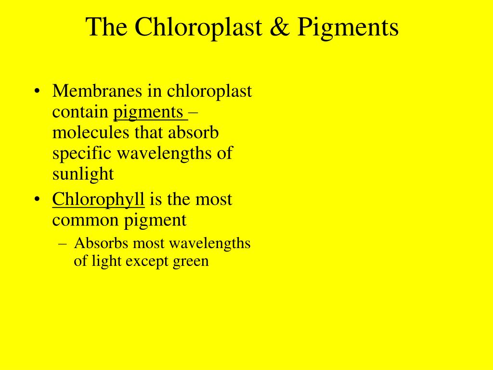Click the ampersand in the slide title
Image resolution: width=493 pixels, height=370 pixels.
coord(280,27)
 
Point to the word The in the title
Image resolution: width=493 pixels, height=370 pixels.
coord(106,27)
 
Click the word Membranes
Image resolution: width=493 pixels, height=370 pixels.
coord(97,91)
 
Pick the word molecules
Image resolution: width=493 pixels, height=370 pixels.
coord(91,132)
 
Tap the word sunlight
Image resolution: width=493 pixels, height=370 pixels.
coord(83,174)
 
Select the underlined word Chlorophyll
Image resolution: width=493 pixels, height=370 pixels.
coord(98,200)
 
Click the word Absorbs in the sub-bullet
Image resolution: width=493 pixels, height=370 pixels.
coord(101,243)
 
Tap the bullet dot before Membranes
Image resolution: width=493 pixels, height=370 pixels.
coord(38,92)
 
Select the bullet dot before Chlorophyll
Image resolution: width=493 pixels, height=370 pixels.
coord(38,199)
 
